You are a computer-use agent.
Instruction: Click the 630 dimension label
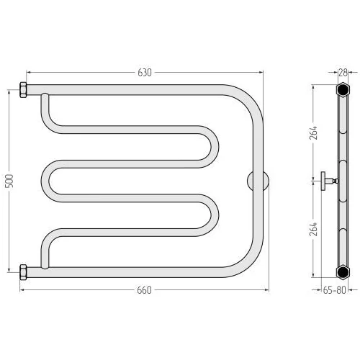tap(145, 73)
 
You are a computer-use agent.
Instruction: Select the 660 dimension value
tap(144, 290)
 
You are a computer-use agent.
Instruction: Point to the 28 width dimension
tap(343, 73)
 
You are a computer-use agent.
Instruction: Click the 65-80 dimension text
tap(334, 290)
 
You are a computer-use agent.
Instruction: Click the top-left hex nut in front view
tap(23, 90)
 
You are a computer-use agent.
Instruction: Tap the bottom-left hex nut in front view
tap(23, 272)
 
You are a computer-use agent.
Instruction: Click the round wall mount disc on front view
tap(258, 181)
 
